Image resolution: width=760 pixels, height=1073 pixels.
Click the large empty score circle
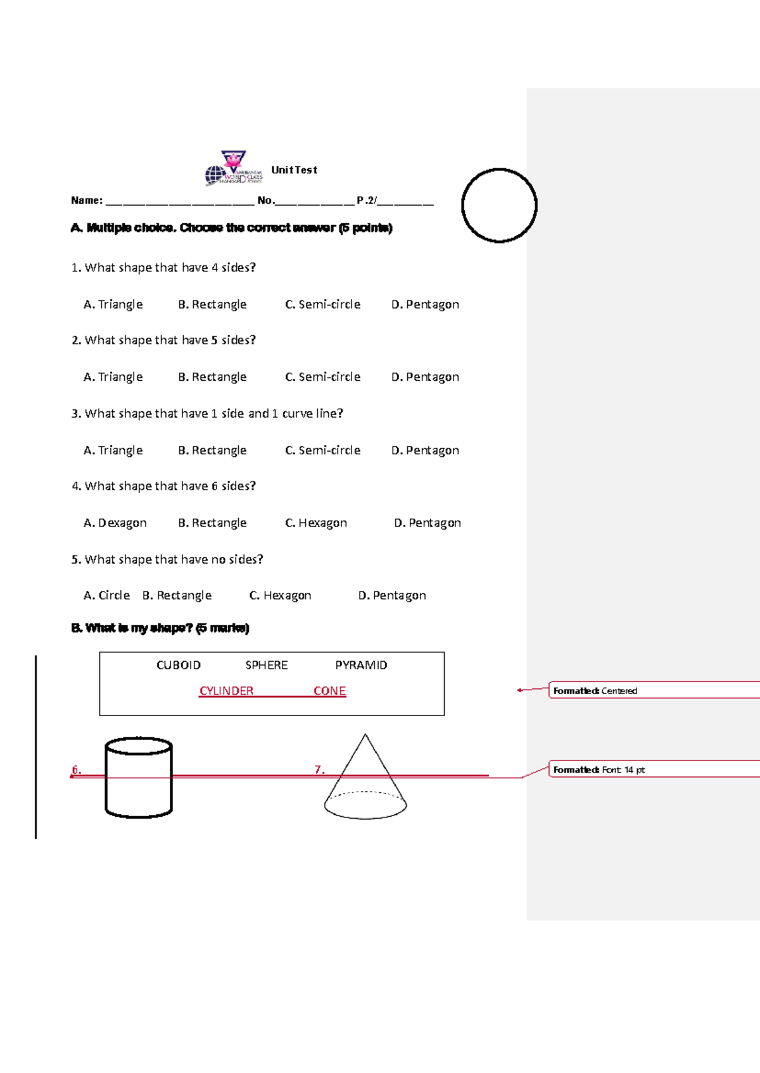click(499, 205)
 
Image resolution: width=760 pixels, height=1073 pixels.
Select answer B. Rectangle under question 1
click(212, 304)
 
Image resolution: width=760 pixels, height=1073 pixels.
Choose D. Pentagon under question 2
click(425, 377)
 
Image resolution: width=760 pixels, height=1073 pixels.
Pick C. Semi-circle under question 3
click(322, 450)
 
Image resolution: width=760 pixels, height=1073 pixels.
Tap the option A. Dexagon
click(115, 523)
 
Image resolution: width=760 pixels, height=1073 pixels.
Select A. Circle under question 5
click(106, 595)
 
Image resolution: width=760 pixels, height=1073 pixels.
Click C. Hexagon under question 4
click(316, 523)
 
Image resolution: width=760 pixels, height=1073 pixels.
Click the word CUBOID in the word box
click(179, 665)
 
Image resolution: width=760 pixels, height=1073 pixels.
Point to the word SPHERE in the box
click(267, 665)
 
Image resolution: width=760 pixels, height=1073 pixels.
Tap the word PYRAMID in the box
click(361, 665)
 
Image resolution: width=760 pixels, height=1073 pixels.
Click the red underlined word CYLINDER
click(226, 691)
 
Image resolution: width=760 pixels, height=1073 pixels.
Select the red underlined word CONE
click(329, 691)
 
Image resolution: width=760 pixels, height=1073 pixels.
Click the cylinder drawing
click(139, 778)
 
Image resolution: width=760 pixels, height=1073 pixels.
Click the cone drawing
click(365, 781)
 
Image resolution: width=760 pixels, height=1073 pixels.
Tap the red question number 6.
click(76, 770)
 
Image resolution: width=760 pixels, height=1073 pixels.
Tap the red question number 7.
click(319, 770)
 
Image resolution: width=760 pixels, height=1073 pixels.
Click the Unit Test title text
click(294, 170)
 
